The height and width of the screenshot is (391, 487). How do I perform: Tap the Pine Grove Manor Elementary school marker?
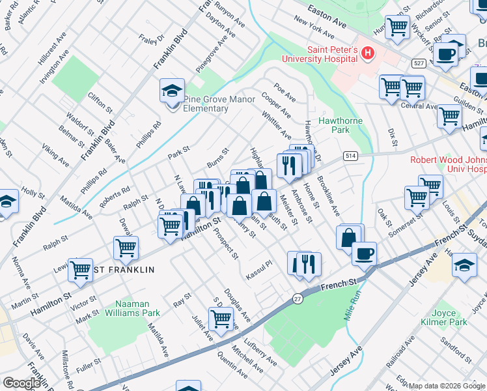(x=172, y=91)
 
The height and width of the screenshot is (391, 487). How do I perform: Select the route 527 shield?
(x=418, y=63)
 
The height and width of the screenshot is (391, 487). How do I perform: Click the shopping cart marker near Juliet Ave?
(x=221, y=318)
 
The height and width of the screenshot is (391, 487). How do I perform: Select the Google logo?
(x=21, y=383)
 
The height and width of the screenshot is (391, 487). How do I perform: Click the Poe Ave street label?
(x=285, y=93)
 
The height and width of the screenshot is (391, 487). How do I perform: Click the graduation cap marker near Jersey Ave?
(x=464, y=266)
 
